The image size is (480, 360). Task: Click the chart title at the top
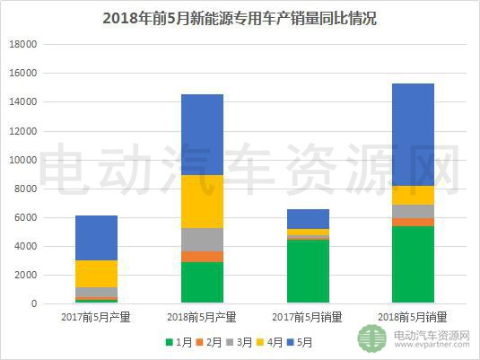coord(239,18)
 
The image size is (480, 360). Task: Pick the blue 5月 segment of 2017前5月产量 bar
coord(96,238)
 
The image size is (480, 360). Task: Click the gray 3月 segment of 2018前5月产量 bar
coord(202,240)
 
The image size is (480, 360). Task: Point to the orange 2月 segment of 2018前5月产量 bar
coord(202,257)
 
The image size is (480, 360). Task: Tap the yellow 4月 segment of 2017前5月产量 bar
coord(96,274)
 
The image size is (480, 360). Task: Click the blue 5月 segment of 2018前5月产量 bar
coord(202,135)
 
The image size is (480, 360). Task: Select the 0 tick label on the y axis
coord(33,304)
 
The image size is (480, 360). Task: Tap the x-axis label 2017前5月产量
coord(96,317)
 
